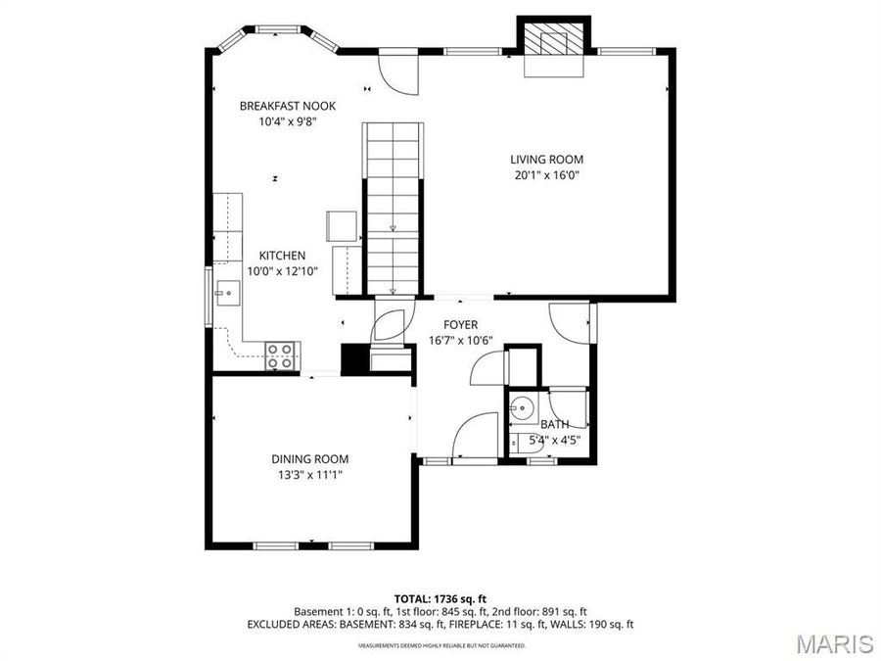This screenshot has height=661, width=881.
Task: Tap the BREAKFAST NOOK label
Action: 288,106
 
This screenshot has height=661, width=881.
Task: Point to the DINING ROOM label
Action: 309,458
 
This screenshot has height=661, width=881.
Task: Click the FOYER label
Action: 460,324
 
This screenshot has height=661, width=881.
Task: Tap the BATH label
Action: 555,424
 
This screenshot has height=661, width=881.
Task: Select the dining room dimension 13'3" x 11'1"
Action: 309,475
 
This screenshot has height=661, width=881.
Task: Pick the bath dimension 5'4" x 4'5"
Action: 555,440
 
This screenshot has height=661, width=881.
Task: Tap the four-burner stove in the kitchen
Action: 282,354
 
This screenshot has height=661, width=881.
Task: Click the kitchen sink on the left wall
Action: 227,292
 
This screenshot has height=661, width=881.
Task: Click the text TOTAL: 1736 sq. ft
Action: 440,597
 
